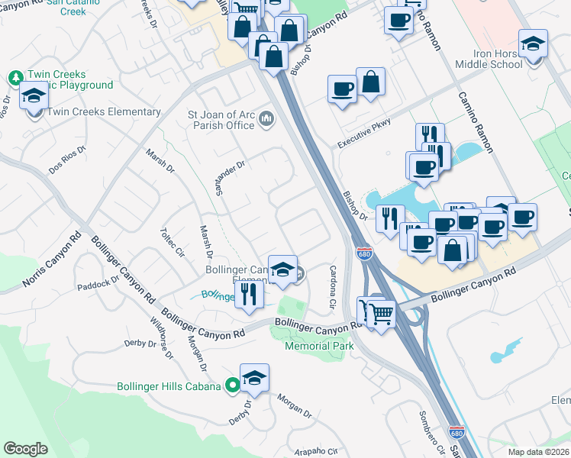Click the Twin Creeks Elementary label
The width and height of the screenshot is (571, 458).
[105, 112]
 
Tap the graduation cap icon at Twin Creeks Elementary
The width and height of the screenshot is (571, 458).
[34, 98]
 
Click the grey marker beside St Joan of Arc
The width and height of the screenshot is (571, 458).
[266, 118]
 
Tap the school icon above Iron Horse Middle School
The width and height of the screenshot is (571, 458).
[533, 44]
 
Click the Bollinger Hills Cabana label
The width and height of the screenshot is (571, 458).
[170, 386]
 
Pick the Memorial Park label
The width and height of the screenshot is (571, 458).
[320, 346]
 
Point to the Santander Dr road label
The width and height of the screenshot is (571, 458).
[229, 177]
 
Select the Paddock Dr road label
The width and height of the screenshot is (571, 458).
[98, 284]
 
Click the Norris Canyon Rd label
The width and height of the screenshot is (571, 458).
[52, 260]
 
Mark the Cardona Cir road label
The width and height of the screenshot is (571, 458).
[332, 287]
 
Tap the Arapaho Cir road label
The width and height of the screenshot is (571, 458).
[315, 451]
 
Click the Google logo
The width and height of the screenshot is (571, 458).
[26, 449]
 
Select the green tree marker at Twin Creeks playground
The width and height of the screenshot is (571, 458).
[15, 78]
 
